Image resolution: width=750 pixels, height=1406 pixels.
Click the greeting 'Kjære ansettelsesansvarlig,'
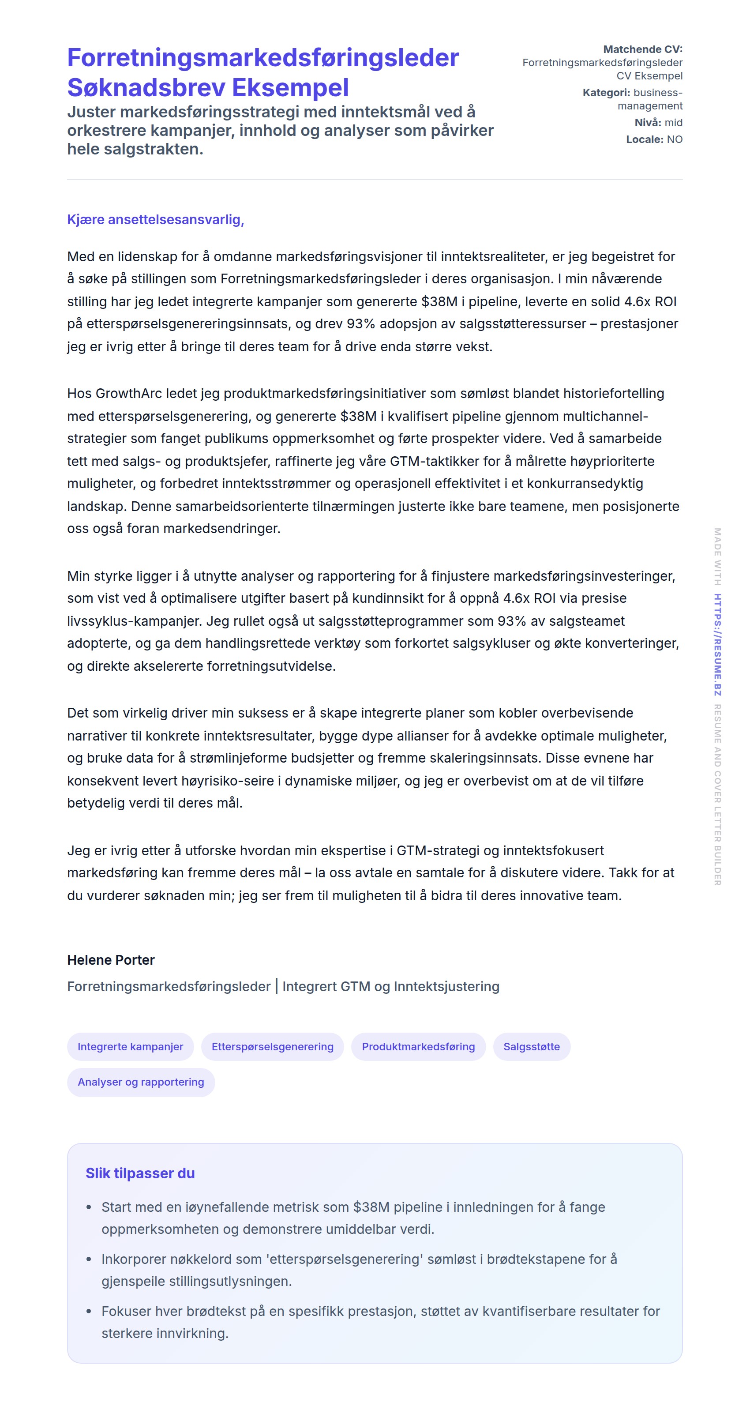point(155,219)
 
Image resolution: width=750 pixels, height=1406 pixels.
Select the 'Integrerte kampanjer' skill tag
point(130,1046)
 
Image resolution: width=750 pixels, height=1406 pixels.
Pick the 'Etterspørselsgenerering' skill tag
point(272,1046)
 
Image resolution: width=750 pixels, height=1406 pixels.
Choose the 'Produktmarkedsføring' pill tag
point(418,1046)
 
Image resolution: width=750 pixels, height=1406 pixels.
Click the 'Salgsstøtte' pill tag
point(531,1046)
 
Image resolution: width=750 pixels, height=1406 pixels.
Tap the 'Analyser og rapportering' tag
point(141,1082)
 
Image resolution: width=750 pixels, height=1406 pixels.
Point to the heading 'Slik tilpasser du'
point(140,1173)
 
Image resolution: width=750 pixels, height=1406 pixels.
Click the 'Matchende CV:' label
point(642,49)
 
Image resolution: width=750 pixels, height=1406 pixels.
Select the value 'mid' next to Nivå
point(673,122)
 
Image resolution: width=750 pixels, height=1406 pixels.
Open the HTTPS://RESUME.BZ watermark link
point(718,644)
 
